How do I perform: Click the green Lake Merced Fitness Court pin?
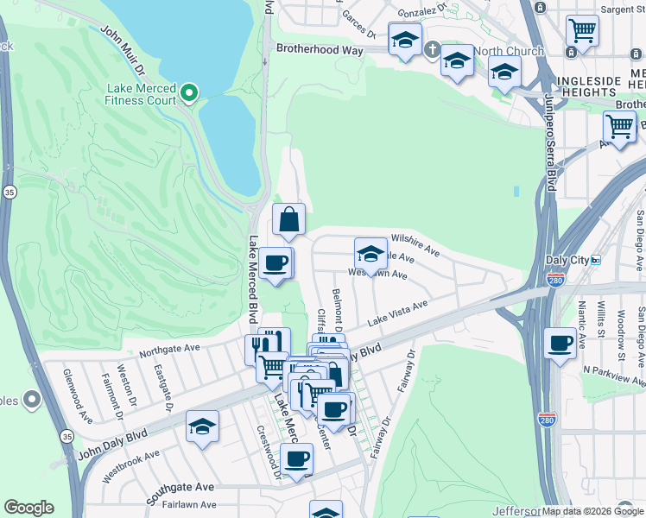tap(190, 92)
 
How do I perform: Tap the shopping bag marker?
tap(289, 221)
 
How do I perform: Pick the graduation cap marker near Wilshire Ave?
tap(370, 254)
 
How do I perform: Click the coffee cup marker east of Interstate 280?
tap(560, 344)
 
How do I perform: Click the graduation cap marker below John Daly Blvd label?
tap(202, 426)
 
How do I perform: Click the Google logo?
tap(28, 508)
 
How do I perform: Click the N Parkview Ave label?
tap(614, 375)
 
